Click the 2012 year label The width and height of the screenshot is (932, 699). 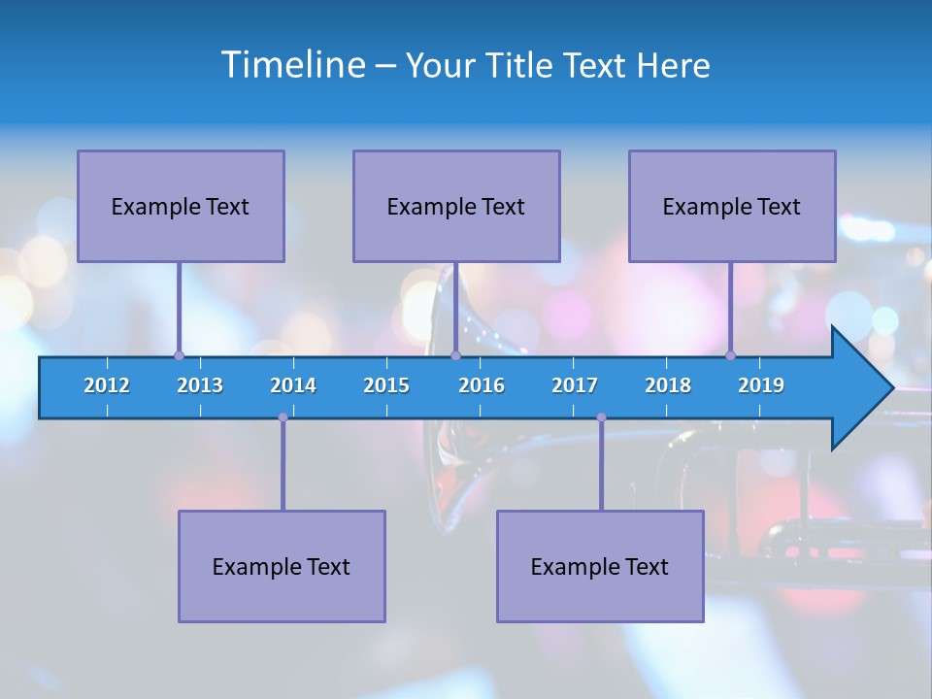107,385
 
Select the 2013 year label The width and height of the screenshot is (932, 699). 200,385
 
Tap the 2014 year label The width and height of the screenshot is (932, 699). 293,385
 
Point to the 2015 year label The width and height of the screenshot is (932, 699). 386,385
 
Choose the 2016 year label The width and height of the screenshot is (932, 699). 482,385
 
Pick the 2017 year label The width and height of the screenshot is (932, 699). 575,385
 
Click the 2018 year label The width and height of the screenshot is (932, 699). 668,385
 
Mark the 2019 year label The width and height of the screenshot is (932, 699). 761,385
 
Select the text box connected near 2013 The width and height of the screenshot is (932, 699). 181,206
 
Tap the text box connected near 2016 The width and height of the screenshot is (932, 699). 456,206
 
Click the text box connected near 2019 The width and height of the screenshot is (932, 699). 732,206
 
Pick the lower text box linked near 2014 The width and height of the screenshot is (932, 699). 282,566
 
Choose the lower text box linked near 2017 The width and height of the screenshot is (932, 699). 600,566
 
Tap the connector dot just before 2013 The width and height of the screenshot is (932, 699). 179,355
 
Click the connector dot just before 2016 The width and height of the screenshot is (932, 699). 455,355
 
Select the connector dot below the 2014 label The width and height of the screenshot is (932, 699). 283,417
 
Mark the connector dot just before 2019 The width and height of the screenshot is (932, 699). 731,355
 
